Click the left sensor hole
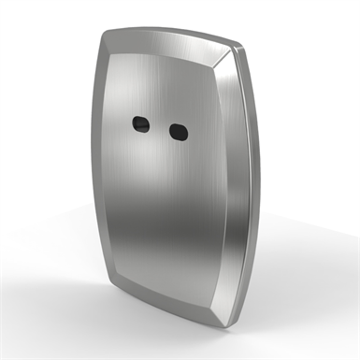click(141, 125)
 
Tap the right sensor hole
click(178, 132)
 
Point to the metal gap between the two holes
click(159, 128)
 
